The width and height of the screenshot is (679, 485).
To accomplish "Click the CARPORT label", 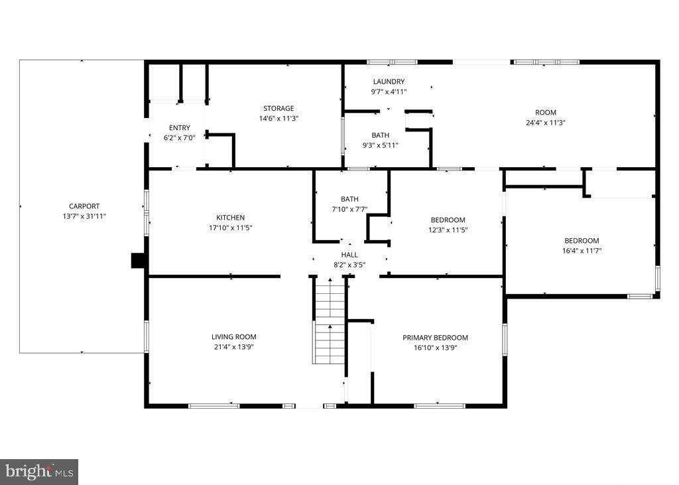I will click(x=84, y=206).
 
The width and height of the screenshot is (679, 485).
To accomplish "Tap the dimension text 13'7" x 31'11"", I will click(x=84, y=216).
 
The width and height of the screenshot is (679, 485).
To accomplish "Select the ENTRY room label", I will click(x=179, y=128).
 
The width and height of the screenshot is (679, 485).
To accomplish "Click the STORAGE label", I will click(x=278, y=109).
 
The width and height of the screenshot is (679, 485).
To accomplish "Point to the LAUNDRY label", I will click(x=389, y=82).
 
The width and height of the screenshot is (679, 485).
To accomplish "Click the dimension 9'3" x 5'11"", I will click(x=381, y=145).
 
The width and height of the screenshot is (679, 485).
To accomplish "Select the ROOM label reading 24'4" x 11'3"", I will click(x=546, y=113).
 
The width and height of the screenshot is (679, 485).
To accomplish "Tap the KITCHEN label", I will click(x=230, y=218).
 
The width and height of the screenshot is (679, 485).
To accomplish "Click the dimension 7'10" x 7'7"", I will click(x=349, y=209).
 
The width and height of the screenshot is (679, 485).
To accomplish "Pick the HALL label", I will click(x=349, y=255).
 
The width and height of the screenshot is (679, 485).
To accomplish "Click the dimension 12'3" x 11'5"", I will click(x=448, y=230).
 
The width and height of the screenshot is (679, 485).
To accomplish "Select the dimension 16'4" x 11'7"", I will click(x=582, y=251).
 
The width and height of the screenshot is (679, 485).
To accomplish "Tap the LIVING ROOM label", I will click(x=234, y=337).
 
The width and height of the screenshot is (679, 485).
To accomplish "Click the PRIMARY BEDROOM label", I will click(x=436, y=338).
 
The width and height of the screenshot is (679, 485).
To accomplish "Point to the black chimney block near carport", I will click(x=139, y=260).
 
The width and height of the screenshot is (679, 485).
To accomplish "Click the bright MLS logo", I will click(x=39, y=472).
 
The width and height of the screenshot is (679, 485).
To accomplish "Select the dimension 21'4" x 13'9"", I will click(x=234, y=347).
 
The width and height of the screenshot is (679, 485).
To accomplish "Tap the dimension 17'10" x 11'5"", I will click(x=230, y=228).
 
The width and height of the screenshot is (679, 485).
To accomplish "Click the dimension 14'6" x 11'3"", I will click(x=278, y=119).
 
